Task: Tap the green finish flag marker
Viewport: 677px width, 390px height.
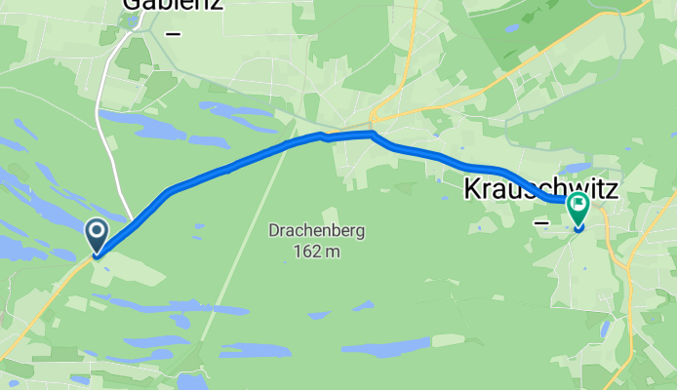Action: pos(578,207)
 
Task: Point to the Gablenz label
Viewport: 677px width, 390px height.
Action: pos(172,4)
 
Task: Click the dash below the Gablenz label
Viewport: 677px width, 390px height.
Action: pos(175,33)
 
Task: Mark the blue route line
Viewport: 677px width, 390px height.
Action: pos(229,168)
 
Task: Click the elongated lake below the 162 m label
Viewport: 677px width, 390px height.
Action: pos(385,347)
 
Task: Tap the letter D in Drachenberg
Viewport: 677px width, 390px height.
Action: pos(275,232)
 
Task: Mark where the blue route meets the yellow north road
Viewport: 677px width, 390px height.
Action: pos(373,133)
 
